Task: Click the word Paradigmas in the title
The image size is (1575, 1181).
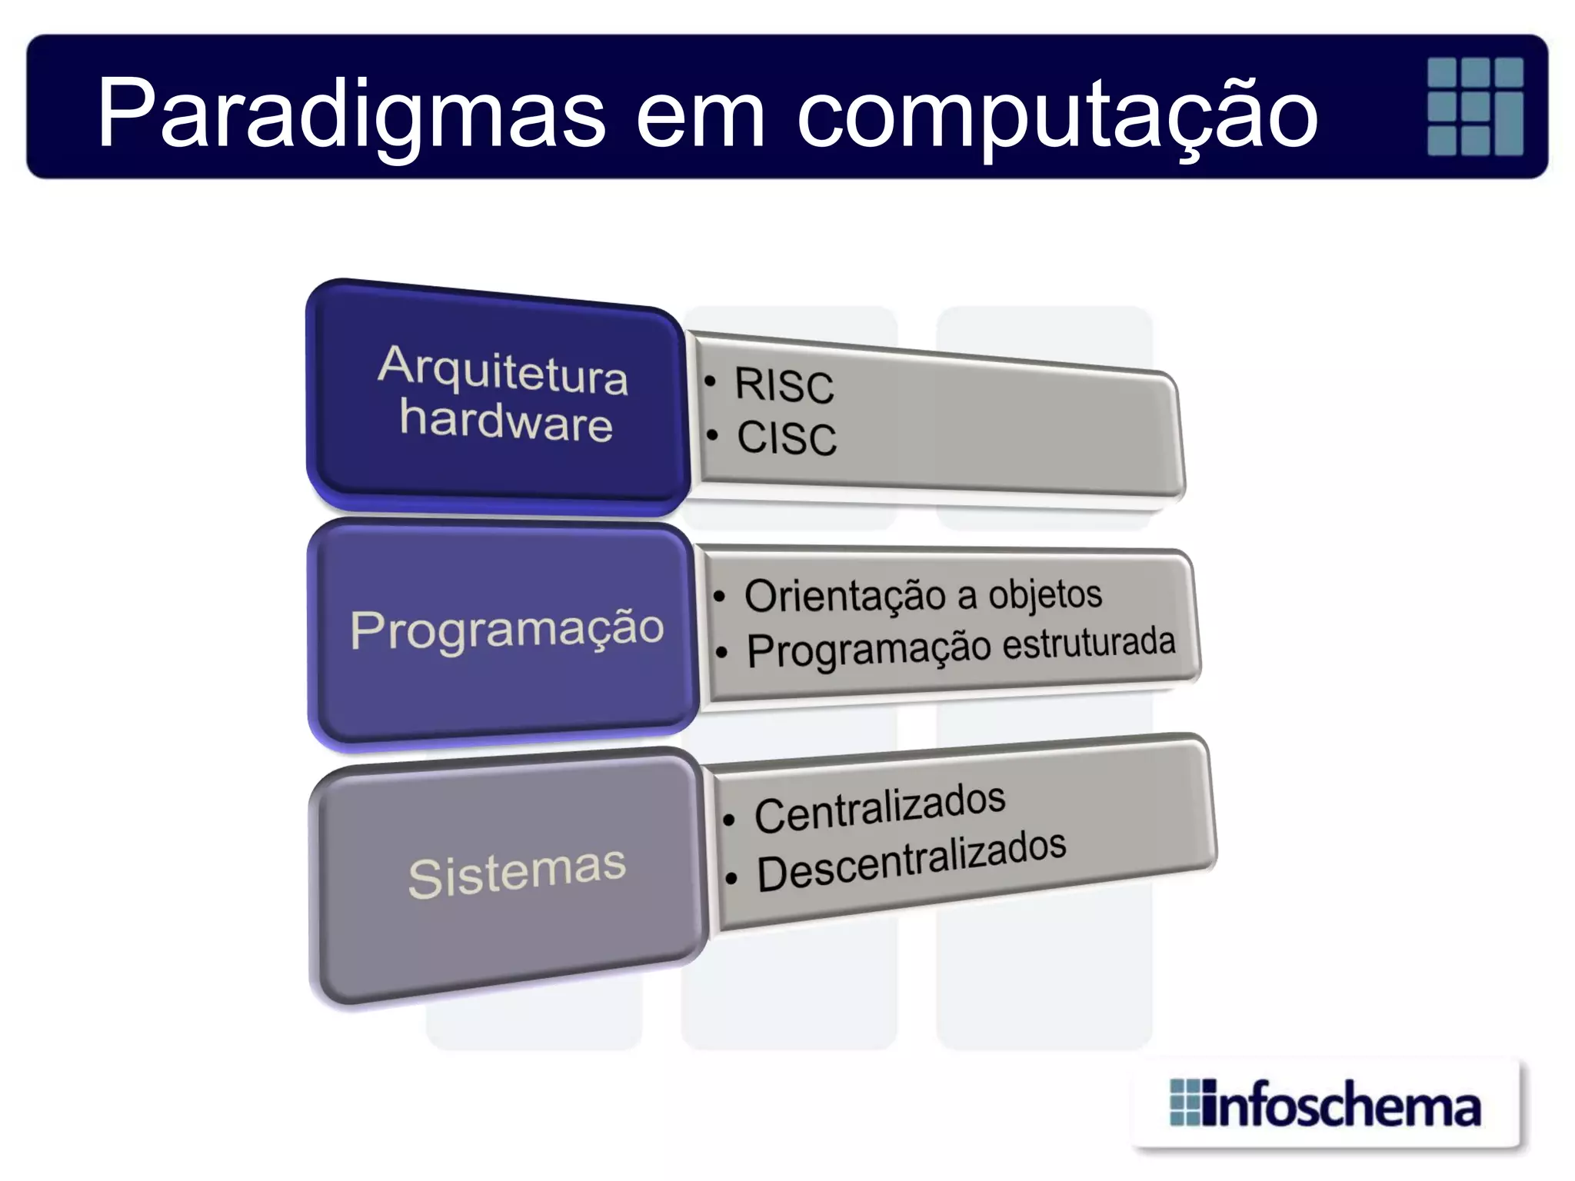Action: (351, 114)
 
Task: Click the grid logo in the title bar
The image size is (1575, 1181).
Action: (1474, 106)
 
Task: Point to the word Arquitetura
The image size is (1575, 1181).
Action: (503, 371)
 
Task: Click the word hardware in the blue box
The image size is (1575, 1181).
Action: (506, 421)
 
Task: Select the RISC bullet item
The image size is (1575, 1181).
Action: (784, 385)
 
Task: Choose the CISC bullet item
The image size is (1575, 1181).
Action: (787, 438)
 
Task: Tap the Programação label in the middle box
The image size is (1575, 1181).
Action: (507, 629)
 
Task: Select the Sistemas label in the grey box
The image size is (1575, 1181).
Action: (517, 873)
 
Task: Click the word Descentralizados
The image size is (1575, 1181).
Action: (911, 862)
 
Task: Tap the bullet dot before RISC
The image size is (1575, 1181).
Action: (711, 381)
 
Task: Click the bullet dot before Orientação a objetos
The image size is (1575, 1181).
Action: (719, 597)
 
